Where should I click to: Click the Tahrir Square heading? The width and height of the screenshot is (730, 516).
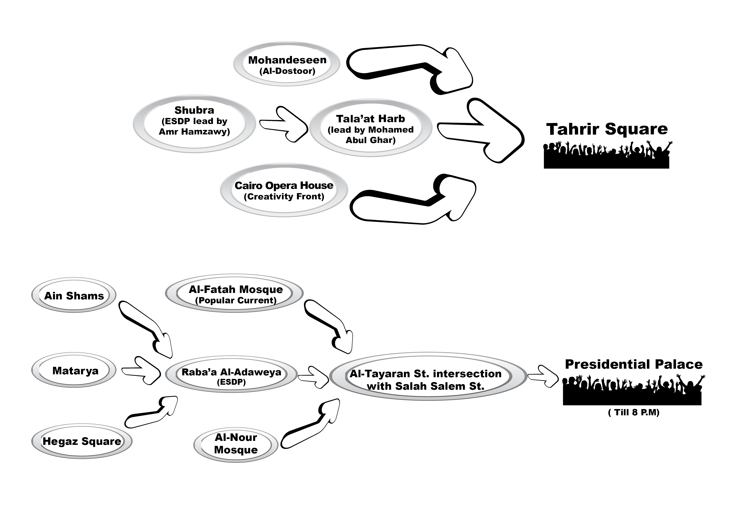click(607, 129)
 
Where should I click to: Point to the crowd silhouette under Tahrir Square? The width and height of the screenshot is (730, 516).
click(606, 157)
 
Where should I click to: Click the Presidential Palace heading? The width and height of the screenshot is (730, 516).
click(633, 364)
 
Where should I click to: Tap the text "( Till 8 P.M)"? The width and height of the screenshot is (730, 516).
click(633, 413)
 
